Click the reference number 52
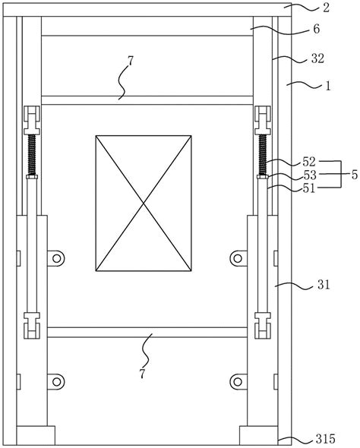coord(309,162)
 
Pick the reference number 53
coord(309,175)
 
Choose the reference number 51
coord(309,188)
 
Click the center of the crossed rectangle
coord(144,203)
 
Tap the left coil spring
coord(33,156)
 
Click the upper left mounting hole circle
coord(55,259)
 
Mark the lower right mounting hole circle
coord(237,379)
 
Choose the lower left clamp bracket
coord(33,326)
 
